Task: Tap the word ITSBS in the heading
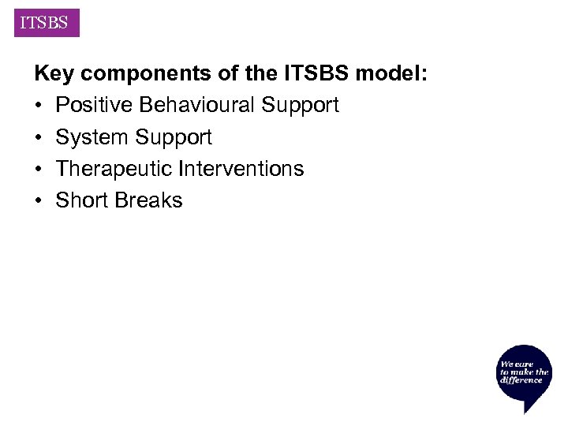[x=312, y=74]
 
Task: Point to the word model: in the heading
[x=391, y=74]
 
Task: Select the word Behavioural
[x=199, y=105]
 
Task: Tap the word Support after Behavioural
[x=301, y=106]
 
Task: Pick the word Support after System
[x=173, y=138]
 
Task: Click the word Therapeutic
[x=114, y=169]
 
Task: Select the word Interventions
[x=241, y=169]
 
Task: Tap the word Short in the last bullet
[x=81, y=200]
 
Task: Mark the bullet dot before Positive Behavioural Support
[x=39, y=106]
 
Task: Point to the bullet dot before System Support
[x=39, y=137]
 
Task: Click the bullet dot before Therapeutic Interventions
[x=39, y=169]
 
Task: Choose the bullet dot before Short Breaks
[x=39, y=200]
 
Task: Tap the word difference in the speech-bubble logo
[x=521, y=380]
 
